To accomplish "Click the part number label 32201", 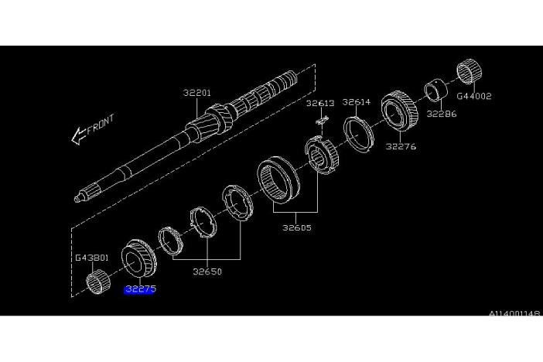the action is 196,93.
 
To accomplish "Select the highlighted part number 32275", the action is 140,289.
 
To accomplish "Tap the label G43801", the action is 92,258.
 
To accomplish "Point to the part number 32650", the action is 207,271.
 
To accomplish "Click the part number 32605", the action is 297,227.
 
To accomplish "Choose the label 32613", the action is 320,103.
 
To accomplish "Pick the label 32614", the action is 357,102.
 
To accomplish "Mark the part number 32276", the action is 401,146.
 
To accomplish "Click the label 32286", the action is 442,114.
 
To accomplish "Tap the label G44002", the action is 474,96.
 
